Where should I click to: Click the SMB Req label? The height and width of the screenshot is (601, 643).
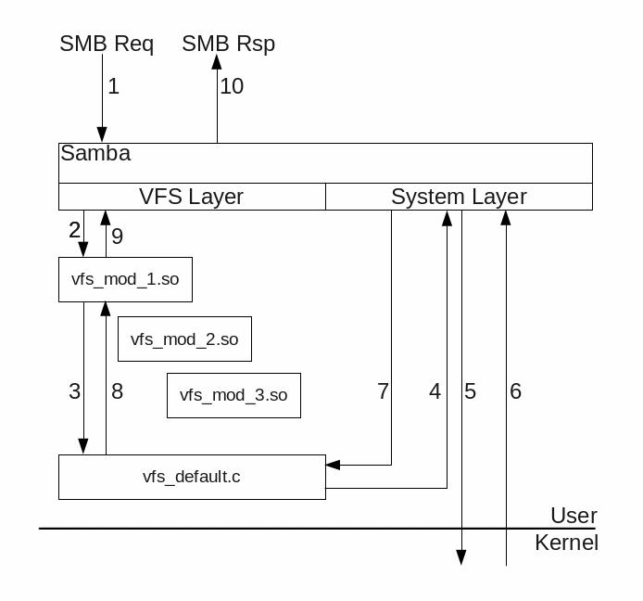click(x=107, y=44)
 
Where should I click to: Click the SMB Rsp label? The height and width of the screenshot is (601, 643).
click(x=228, y=44)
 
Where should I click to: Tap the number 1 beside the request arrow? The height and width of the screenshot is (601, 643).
click(x=113, y=87)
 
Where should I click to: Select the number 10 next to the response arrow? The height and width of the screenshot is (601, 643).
click(x=232, y=86)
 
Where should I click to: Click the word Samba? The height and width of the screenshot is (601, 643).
click(x=95, y=154)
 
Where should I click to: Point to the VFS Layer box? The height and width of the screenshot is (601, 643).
click(x=192, y=197)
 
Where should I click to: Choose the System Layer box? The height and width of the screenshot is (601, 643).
click(x=459, y=197)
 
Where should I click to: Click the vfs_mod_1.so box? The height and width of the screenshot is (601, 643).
click(x=125, y=279)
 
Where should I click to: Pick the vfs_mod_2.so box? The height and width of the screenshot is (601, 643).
click(x=184, y=339)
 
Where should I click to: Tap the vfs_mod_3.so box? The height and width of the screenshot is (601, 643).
click(x=233, y=395)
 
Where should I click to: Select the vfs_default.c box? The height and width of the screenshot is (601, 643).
click(x=192, y=477)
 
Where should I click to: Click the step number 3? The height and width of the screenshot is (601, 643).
click(x=75, y=391)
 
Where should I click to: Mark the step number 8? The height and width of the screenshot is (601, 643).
click(x=117, y=391)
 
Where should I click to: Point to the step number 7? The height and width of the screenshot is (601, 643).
click(x=383, y=391)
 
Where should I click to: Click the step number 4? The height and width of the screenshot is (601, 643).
click(x=435, y=391)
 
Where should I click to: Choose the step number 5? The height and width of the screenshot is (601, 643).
click(x=470, y=391)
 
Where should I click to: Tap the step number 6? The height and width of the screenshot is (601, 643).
click(x=515, y=391)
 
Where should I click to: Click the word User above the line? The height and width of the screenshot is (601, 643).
click(x=574, y=516)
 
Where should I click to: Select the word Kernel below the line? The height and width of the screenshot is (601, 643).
click(x=566, y=543)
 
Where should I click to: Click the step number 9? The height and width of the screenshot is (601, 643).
click(x=117, y=237)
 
